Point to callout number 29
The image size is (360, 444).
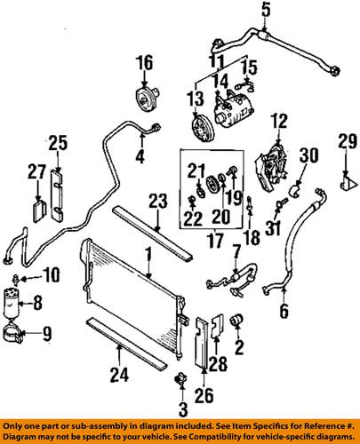click(344, 141)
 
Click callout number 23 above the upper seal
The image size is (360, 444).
click(157, 201)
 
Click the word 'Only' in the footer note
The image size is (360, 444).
click(15, 426)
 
